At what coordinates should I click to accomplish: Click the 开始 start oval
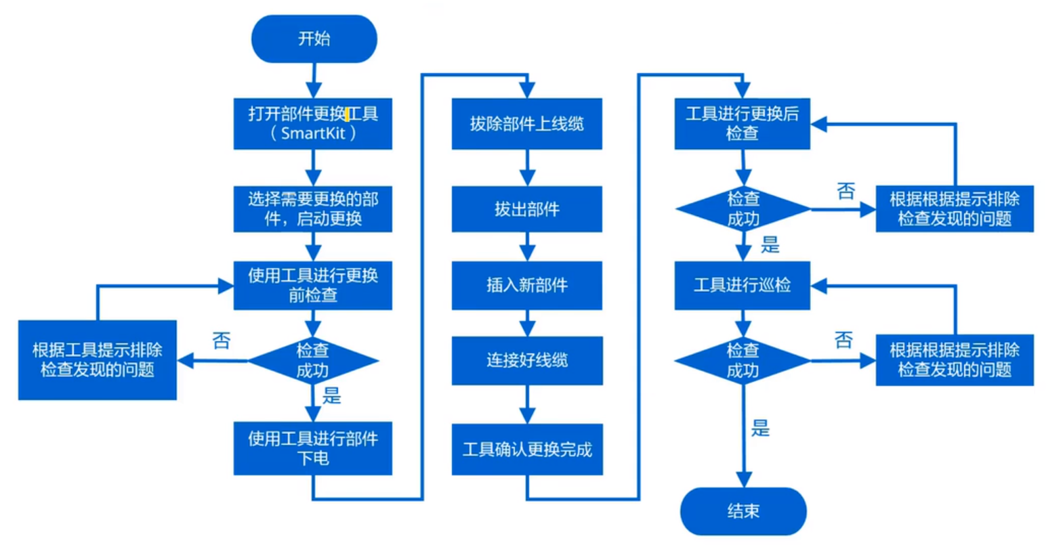pyautogui.click(x=314, y=39)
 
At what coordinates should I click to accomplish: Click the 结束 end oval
pyautogui.click(x=743, y=511)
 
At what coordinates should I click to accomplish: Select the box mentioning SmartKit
pyautogui.click(x=312, y=123)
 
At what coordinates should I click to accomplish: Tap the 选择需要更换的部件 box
pyautogui.click(x=312, y=209)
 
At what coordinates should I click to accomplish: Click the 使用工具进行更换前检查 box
pyautogui.click(x=312, y=285)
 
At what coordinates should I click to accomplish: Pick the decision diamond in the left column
pyautogui.click(x=312, y=360)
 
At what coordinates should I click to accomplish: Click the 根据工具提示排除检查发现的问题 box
pyautogui.click(x=97, y=359)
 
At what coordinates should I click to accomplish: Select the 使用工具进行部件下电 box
pyautogui.click(x=312, y=448)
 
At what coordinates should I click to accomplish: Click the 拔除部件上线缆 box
pyautogui.click(x=526, y=123)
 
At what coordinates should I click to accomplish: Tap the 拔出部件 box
pyautogui.click(x=526, y=209)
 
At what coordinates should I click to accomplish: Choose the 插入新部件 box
pyautogui.click(x=526, y=285)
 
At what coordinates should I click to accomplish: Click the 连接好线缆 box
pyautogui.click(x=526, y=360)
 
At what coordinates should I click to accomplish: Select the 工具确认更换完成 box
pyautogui.click(x=526, y=450)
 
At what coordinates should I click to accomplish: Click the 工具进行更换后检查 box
pyautogui.click(x=742, y=123)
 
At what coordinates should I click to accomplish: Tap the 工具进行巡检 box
pyautogui.click(x=742, y=285)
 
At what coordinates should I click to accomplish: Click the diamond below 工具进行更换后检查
pyautogui.click(x=743, y=209)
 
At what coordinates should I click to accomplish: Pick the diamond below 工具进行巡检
pyautogui.click(x=743, y=360)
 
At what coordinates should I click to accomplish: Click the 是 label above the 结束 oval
pyautogui.click(x=760, y=428)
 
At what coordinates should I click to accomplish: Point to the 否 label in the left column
pyautogui.click(x=222, y=341)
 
